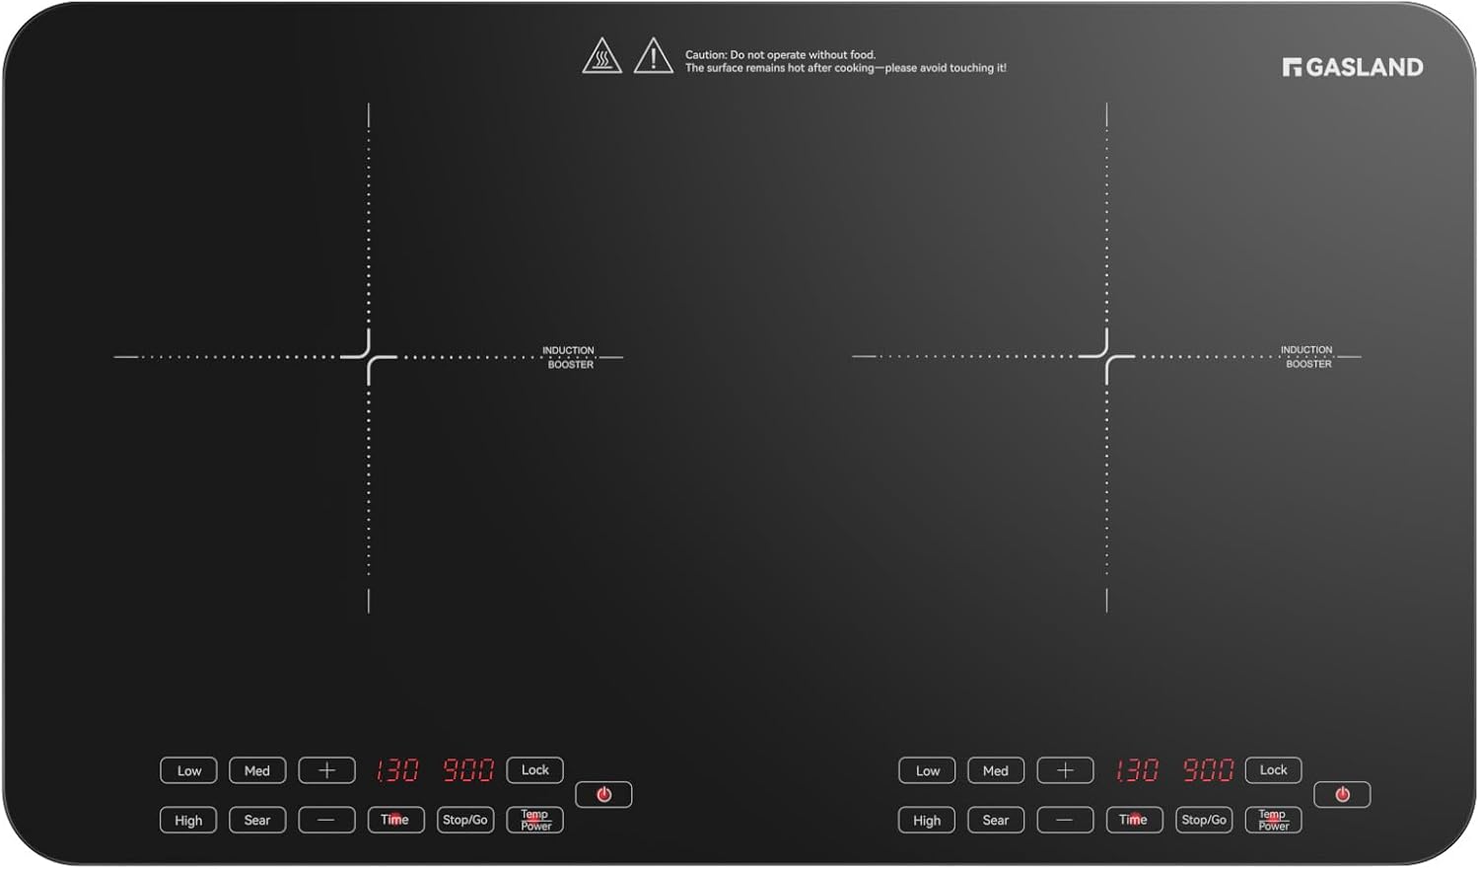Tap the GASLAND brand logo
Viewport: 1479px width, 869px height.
[x=1353, y=67]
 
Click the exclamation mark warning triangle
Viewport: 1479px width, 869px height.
[x=653, y=55]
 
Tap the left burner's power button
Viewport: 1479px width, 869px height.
[x=603, y=794]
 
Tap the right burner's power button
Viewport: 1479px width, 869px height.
[x=1342, y=794]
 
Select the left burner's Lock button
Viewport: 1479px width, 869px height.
[x=534, y=770]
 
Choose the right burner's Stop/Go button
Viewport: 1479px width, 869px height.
[x=1204, y=820]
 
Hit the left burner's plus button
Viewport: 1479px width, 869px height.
[x=326, y=770]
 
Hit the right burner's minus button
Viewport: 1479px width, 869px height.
[x=1065, y=820]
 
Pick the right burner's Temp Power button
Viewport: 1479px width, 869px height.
[x=1273, y=820]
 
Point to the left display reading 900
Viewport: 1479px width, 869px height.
[x=468, y=770]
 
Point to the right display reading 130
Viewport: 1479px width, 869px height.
[x=1136, y=770]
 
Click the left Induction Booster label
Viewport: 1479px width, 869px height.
[x=569, y=357]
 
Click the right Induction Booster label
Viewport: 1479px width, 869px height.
[x=1307, y=357]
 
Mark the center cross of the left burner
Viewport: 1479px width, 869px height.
[x=369, y=357]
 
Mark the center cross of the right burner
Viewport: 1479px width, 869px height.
[x=1106, y=357]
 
